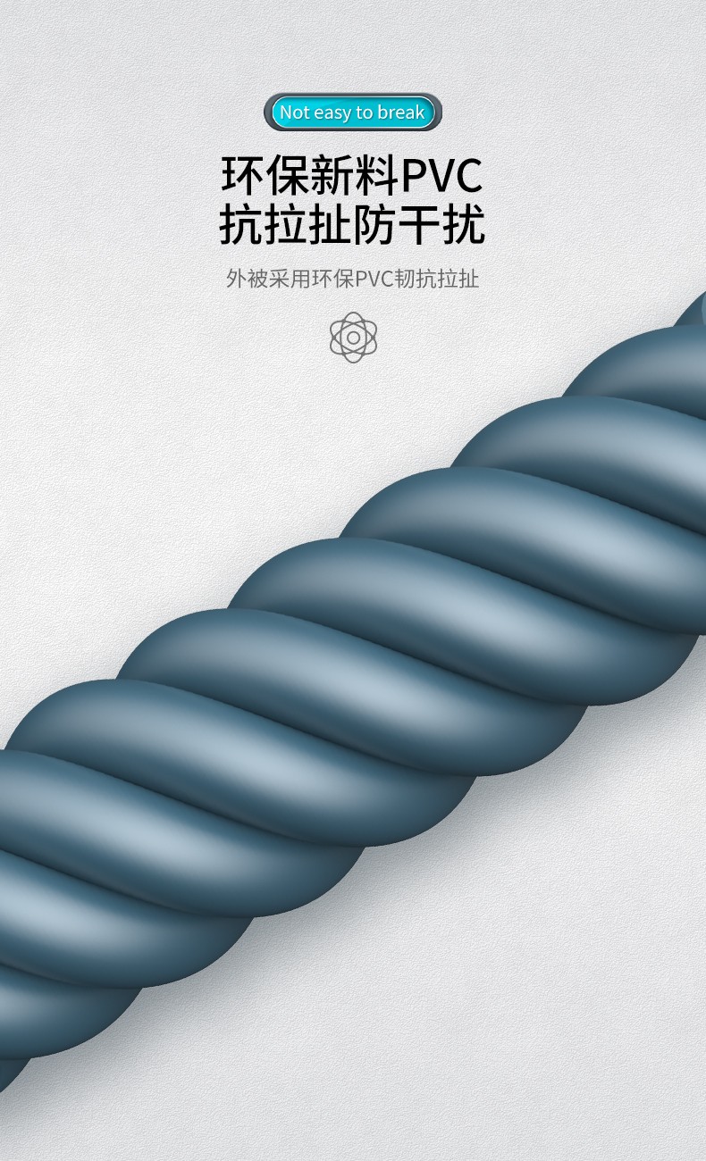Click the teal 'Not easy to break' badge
pyautogui.click(x=353, y=112)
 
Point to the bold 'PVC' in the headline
pyautogui.click(x=442, y=176)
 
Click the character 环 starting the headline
pyautogui.click(x=243, y=175)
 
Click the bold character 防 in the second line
pyautogui.click(x=374, y=224)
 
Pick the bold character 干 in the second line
pyautogui.click(x=419, y=224)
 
